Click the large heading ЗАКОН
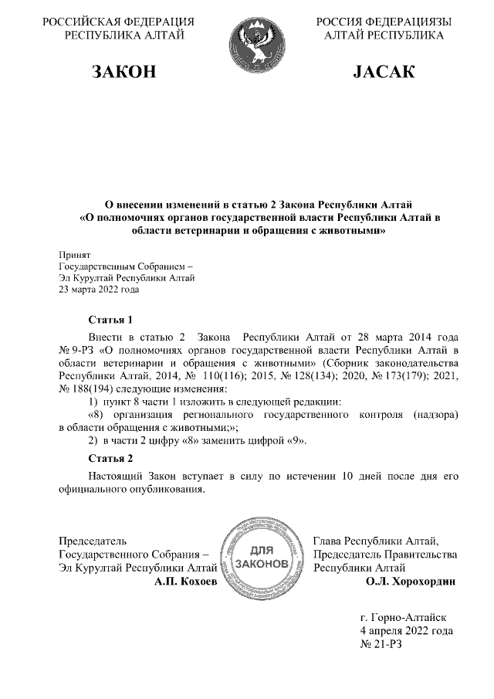tap(123, 73)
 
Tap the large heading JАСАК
tap(384, 73)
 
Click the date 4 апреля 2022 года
tap(406, 631)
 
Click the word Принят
tap(75, 254)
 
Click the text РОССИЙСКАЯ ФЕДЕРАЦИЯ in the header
tap(118, 22)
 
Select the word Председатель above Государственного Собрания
tap(93, 541)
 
